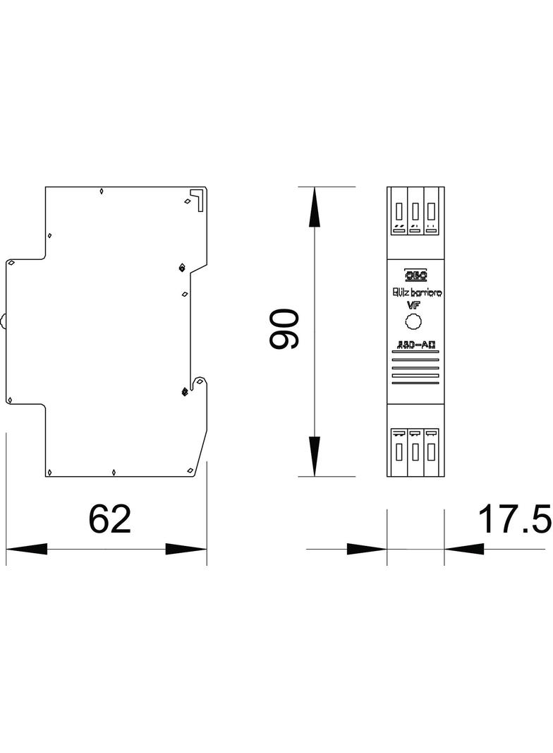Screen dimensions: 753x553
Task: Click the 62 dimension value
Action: [110, 519]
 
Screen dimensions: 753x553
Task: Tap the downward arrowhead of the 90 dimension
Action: [315, 456]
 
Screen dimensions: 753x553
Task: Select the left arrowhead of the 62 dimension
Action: [27, 549]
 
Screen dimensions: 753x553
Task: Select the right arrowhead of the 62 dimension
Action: [186, 549]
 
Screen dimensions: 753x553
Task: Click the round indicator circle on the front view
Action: [413, 323]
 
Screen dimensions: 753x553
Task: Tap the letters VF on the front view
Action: [413, 304]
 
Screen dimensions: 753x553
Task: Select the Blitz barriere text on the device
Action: [416, 292]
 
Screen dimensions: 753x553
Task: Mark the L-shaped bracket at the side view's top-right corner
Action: [197, 198]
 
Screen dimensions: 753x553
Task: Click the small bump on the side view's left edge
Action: [4, 321]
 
